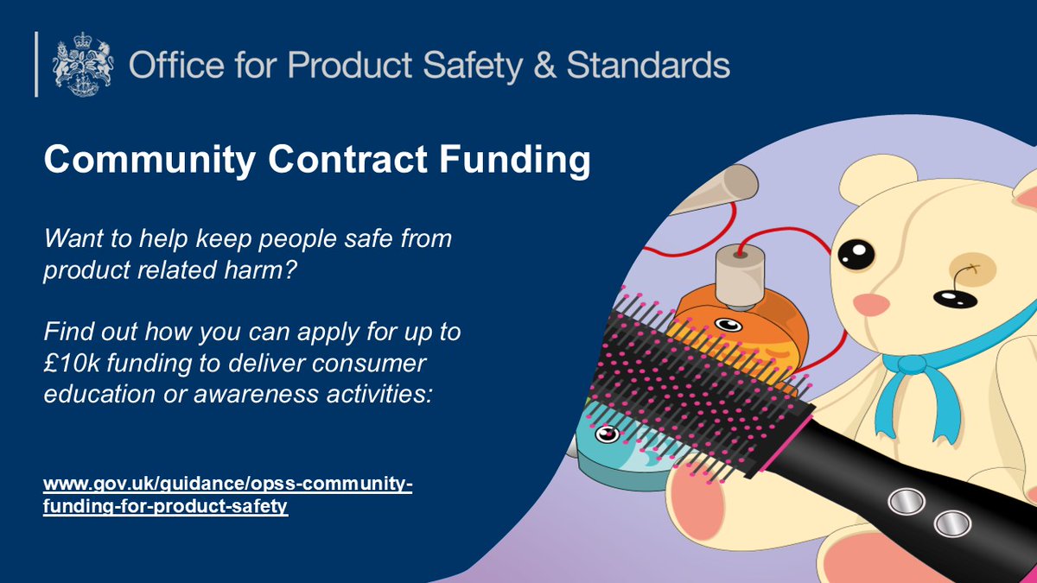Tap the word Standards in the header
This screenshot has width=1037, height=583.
[648, 65]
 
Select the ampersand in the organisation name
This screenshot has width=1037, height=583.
[544, 66]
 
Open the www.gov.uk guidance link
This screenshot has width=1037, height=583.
[228, 496]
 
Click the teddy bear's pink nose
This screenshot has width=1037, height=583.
[868, 304]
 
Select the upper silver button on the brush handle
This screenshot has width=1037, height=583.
[907, 499]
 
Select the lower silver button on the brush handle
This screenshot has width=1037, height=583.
[951, 522]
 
